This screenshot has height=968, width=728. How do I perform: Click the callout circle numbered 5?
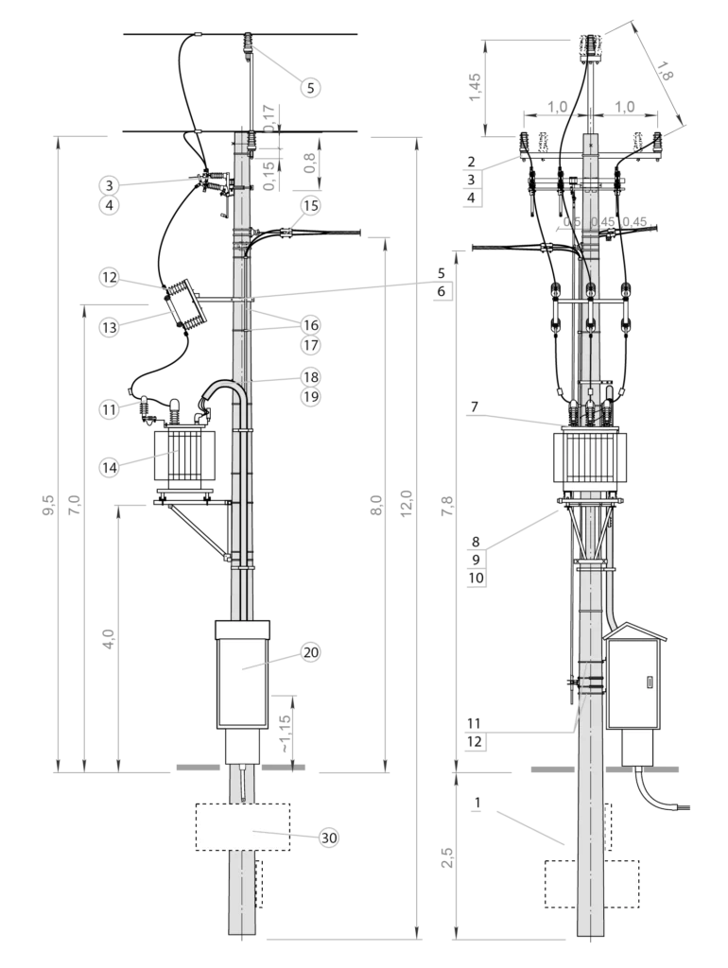310,88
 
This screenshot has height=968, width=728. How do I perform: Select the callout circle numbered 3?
110,185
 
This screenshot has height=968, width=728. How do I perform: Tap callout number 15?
310,205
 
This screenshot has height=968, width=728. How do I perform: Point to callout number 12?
110,277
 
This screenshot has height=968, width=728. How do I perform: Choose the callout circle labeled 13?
110,327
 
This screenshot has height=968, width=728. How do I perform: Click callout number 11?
110,409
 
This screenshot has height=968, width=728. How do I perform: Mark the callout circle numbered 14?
110,466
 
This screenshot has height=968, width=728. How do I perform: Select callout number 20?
310,651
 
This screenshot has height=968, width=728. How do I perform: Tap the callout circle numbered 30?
328,838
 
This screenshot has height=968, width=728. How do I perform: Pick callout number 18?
310,376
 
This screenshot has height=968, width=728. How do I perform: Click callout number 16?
310,325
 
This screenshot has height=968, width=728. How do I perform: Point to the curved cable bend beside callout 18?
223,389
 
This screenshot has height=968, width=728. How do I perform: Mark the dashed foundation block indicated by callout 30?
242,827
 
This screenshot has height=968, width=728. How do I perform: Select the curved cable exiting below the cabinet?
657,794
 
